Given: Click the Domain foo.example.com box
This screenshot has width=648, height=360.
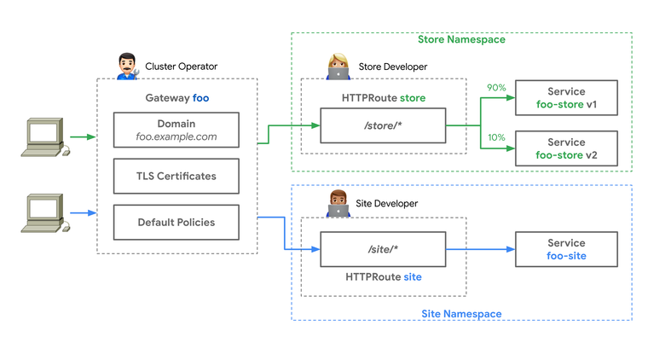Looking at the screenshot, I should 176,130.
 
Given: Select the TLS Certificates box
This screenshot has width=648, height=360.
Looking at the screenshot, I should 176,176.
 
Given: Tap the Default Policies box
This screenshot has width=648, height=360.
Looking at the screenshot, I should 176,222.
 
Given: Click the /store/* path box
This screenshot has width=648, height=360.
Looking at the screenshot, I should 383,125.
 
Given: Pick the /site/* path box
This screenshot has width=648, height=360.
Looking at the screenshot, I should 383,249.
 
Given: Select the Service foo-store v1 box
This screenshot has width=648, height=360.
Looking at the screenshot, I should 566,97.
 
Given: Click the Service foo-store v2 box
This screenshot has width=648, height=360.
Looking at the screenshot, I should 566,148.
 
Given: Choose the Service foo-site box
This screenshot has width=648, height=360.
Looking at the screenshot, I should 566,249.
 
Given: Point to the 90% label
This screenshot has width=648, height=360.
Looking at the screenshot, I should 496,88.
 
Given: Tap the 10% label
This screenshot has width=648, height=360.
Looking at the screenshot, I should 496,138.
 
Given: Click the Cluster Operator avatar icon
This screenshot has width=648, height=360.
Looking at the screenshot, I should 127,66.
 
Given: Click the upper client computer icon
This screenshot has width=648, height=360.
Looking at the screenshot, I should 43,137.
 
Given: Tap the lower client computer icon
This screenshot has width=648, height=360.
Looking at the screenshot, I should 43,213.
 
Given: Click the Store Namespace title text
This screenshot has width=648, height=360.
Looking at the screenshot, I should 461,39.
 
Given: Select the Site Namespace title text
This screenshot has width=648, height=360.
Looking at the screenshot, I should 461,314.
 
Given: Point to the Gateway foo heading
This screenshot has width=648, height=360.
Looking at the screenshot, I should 176,98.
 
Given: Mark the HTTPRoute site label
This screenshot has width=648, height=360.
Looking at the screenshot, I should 383,277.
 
